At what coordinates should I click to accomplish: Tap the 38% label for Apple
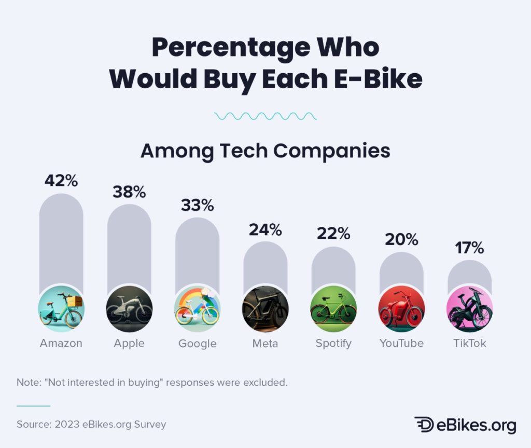tap(129, 192)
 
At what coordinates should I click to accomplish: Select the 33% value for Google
tap(197, 205)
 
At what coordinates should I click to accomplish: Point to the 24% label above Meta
tap(265, 229)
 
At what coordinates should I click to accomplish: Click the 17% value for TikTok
tap(469, 248)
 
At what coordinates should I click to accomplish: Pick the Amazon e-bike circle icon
tap(61, 309)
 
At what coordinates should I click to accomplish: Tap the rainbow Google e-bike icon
tap(197, 309)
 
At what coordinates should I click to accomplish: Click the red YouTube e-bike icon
tap(401, 309)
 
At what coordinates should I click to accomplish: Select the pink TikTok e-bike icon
tap(469, 309)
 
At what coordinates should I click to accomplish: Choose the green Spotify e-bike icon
tap(333, 309)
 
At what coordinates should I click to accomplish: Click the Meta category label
tap(265, 343)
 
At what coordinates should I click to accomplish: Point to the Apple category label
tap(129, 344)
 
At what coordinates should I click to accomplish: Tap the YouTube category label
tap(401, 343)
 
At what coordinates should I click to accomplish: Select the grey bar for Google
tap(197, 249)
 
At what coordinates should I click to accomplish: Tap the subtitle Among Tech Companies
tap(265, 151)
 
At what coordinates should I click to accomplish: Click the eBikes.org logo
tap(465, 424)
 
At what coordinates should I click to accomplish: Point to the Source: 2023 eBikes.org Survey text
tap(91, 424)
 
